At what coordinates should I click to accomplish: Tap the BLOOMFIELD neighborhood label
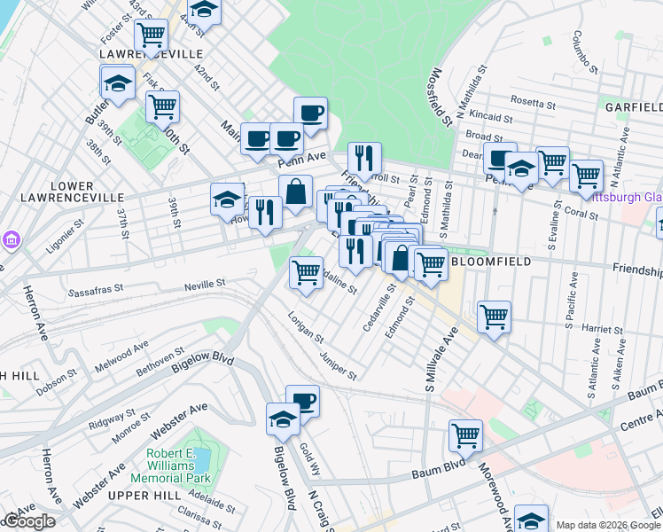[490, 262]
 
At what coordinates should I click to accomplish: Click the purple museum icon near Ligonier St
[12, 239]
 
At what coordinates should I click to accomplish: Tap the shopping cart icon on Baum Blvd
[465, 434]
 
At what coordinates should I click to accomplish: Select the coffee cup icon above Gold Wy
[302, 401]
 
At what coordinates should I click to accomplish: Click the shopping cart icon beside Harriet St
[494, 316]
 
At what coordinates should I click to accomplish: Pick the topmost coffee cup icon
[310, 113]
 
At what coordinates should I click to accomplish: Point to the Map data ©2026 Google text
[607, 525]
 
